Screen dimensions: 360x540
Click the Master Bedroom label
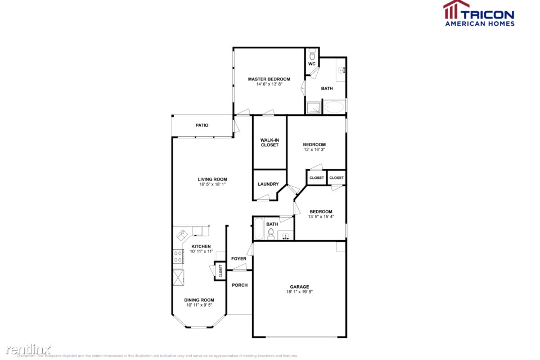coord(269,79)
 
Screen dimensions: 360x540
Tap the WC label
coord(312,64)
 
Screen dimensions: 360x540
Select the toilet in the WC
coord(312,55)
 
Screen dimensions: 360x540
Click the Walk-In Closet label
coord(269,142)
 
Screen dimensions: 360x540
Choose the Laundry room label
coord(268,184)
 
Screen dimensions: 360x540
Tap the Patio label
coord(202,125)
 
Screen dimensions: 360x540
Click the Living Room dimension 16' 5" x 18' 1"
coord(208,184)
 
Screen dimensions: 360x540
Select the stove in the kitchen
coord(178,257)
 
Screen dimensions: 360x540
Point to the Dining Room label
coord(199,300)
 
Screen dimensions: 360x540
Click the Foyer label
coord(239,259)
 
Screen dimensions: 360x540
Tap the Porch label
coord(240,285)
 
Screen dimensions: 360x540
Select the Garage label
coord(299,287)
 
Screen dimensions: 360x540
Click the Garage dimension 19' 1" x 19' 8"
coord(299,292)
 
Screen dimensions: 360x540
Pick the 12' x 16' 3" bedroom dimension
coord(314,150)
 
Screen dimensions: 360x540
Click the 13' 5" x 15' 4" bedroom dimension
coord(321,217)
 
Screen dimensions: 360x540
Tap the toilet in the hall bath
coord(271,233)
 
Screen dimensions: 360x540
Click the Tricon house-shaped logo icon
coord(456,10)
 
